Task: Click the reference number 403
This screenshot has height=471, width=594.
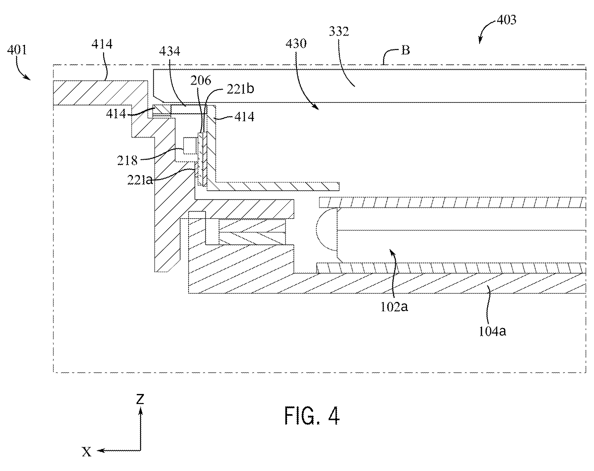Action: point(506,20)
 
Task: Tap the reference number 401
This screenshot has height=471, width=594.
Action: point(17,50)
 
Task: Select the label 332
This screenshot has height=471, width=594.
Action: point(339,31)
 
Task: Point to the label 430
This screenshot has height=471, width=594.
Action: point(296,44)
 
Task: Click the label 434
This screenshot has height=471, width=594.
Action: point(170,51)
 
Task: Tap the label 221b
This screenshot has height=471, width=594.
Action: point(240,89)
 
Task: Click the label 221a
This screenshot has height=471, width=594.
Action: point(140,180)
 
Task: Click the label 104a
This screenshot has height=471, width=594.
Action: point(492,331)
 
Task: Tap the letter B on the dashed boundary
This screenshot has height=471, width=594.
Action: point(406,50)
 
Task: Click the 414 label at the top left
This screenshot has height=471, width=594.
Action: point(102,44)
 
